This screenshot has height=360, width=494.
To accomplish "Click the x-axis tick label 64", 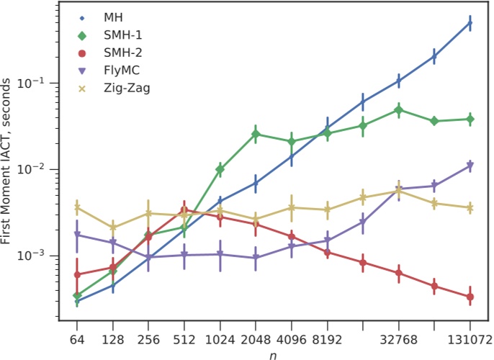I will tap(76, 339).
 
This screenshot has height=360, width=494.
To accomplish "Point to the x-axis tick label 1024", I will tap(220, 339).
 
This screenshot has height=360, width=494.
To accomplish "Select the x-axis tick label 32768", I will tap(398, 339).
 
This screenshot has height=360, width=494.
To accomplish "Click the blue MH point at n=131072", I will tap(470, 24).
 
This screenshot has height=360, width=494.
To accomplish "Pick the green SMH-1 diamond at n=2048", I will tap(256, 134).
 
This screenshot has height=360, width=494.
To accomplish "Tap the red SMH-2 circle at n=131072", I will tap(470, 297).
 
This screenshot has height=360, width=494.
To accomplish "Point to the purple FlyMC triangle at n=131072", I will tap(470, 166).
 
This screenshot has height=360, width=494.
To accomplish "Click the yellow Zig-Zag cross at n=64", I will tap(76, 208).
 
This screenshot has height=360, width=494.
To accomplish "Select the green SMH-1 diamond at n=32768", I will tap(398, 110).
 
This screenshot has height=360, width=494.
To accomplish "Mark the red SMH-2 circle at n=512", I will tap(184, 210).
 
